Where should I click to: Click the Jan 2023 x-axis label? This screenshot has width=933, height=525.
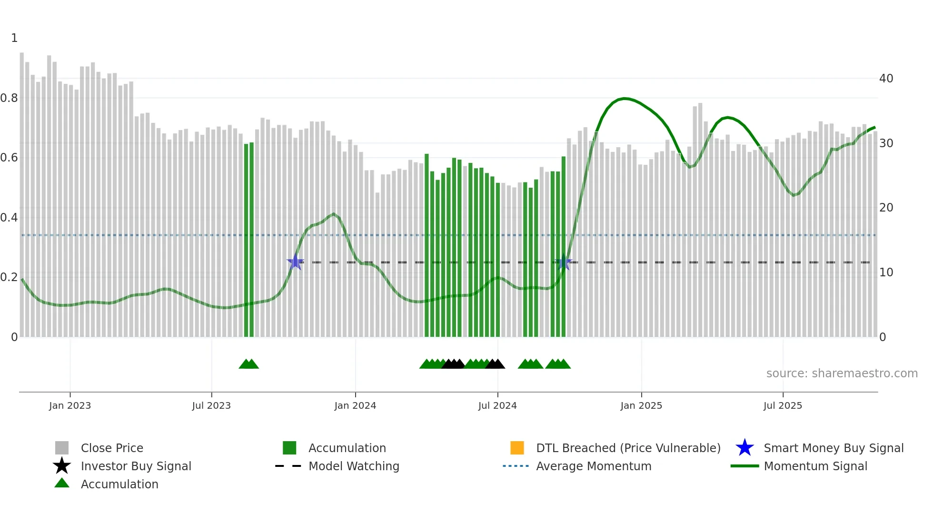click(70, 406)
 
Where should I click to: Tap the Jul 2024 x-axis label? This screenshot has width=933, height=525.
click(497, 406)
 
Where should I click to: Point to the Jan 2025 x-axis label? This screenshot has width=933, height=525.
click(641, 406)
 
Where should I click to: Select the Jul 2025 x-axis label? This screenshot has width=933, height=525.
click(783, 406)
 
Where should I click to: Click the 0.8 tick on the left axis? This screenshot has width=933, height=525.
click(9, 98)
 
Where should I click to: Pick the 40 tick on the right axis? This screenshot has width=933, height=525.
click(886, 79)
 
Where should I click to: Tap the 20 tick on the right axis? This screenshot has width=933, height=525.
click(886, 208)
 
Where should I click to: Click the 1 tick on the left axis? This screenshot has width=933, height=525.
click(14, 38)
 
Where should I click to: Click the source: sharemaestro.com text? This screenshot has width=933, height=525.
click(842, 374)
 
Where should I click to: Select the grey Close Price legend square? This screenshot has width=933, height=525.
click(62, 448)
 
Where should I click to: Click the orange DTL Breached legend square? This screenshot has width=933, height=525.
click(517, 448)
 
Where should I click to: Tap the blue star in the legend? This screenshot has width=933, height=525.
click(744, 448)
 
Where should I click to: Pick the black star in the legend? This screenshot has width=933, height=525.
click(62, 466)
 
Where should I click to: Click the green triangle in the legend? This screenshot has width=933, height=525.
click(62, 483)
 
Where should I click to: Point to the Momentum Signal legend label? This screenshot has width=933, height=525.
click(815, 466)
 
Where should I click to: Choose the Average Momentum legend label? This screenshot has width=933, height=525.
click(594, 466)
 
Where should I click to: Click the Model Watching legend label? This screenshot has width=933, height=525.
click(354, 466)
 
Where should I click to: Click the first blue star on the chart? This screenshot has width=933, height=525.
click(295, 262)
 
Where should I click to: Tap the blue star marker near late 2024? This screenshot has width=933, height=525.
click(564, 262)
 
